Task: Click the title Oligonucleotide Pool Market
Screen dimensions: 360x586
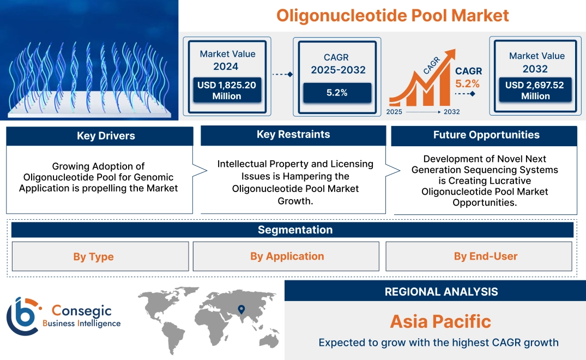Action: click(392, 15)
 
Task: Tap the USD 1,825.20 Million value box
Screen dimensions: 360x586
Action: click(226, 91)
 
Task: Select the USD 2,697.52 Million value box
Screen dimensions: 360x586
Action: click(535, 91)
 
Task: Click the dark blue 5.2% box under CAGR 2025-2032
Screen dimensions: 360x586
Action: click(337, 93)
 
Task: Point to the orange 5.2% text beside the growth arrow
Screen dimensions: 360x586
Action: click(467, 83)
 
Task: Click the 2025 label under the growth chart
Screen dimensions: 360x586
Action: click(395, 112)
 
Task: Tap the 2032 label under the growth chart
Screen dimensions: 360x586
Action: click(451, 112)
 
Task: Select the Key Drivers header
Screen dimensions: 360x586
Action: click(106, 136)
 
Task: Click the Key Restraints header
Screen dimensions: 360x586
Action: click(293, 135)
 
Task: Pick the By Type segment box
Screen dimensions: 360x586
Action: click(94, 256)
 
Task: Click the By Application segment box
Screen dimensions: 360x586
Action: click(287, 256)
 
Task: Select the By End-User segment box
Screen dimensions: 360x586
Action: click(485, 256)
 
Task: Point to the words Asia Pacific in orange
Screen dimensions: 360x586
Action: click(440, 321)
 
